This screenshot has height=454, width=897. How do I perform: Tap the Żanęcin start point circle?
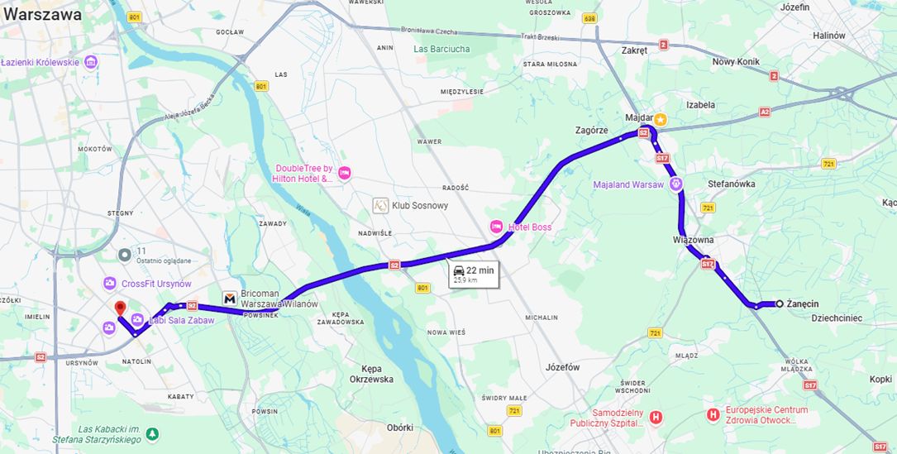779,303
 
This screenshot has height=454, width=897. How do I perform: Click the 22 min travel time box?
474,275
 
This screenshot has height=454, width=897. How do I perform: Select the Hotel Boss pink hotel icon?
496,227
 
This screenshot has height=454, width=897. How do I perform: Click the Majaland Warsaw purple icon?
676,184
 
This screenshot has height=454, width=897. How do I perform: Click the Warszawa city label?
42,15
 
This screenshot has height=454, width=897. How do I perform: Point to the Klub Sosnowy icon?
379,205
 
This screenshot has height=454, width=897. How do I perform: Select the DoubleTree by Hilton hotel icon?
345,173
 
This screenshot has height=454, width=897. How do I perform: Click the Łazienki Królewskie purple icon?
90,62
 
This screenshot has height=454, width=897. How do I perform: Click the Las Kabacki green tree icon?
152,433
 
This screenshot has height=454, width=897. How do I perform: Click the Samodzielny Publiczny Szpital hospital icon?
656,417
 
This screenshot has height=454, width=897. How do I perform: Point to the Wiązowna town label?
693,240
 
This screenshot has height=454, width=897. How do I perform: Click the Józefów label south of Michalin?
563,366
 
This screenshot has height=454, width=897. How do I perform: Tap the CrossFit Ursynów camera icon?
110,284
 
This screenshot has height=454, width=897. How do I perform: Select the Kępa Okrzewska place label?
371,373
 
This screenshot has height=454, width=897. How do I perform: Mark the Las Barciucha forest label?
441,49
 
